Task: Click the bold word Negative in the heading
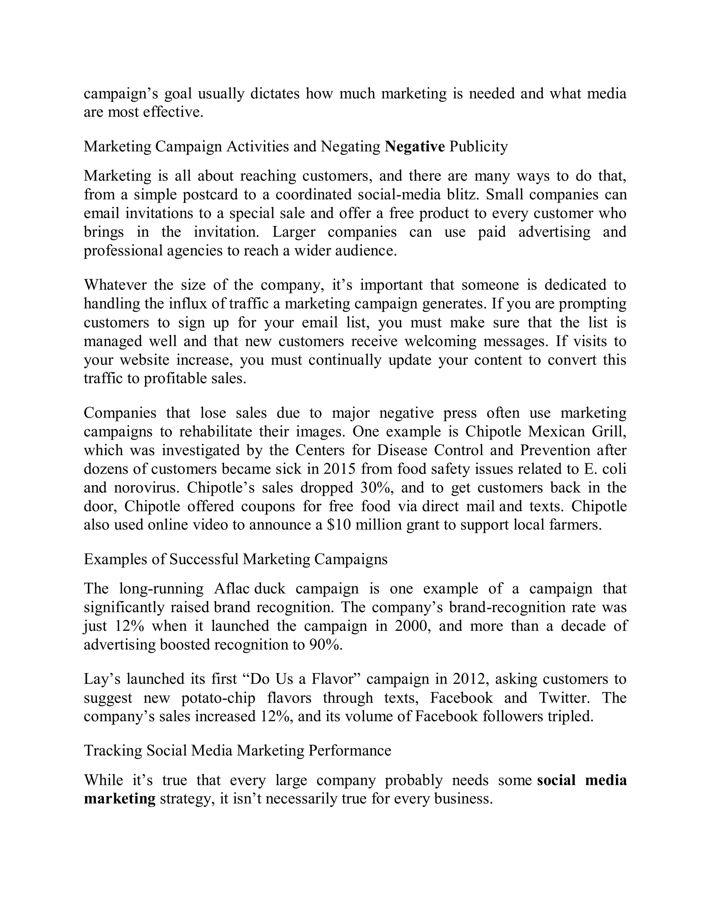[415, 147]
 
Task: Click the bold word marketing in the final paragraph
[120, 799]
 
